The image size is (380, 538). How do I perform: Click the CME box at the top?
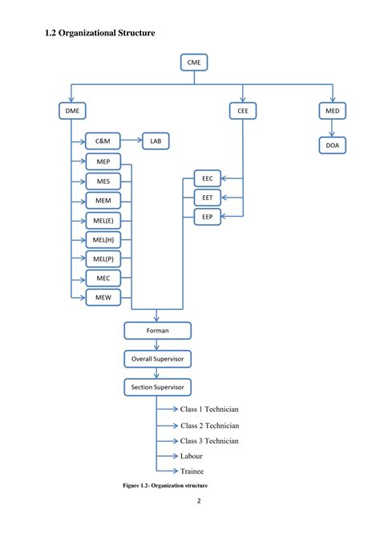pos(194,62)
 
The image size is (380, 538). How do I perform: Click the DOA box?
pos(332,145)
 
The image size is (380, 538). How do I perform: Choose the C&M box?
pos(103,141)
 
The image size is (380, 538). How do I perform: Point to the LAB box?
pos(156,141)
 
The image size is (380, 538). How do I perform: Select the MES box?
pos(103,181)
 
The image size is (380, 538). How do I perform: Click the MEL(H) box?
pos(103,238)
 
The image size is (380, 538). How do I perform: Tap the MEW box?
pos(103,296)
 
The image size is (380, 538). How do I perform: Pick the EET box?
pos(207,197)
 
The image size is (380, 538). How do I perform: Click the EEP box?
pos(207,215)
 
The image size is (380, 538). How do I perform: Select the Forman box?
pos(157,330)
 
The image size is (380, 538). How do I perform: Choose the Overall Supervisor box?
pos(157,359)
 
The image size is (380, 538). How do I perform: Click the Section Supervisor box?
pos(157,388)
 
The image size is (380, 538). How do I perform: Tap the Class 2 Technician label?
pos(209,426)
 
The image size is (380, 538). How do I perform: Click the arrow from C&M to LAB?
pos(131,141)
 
